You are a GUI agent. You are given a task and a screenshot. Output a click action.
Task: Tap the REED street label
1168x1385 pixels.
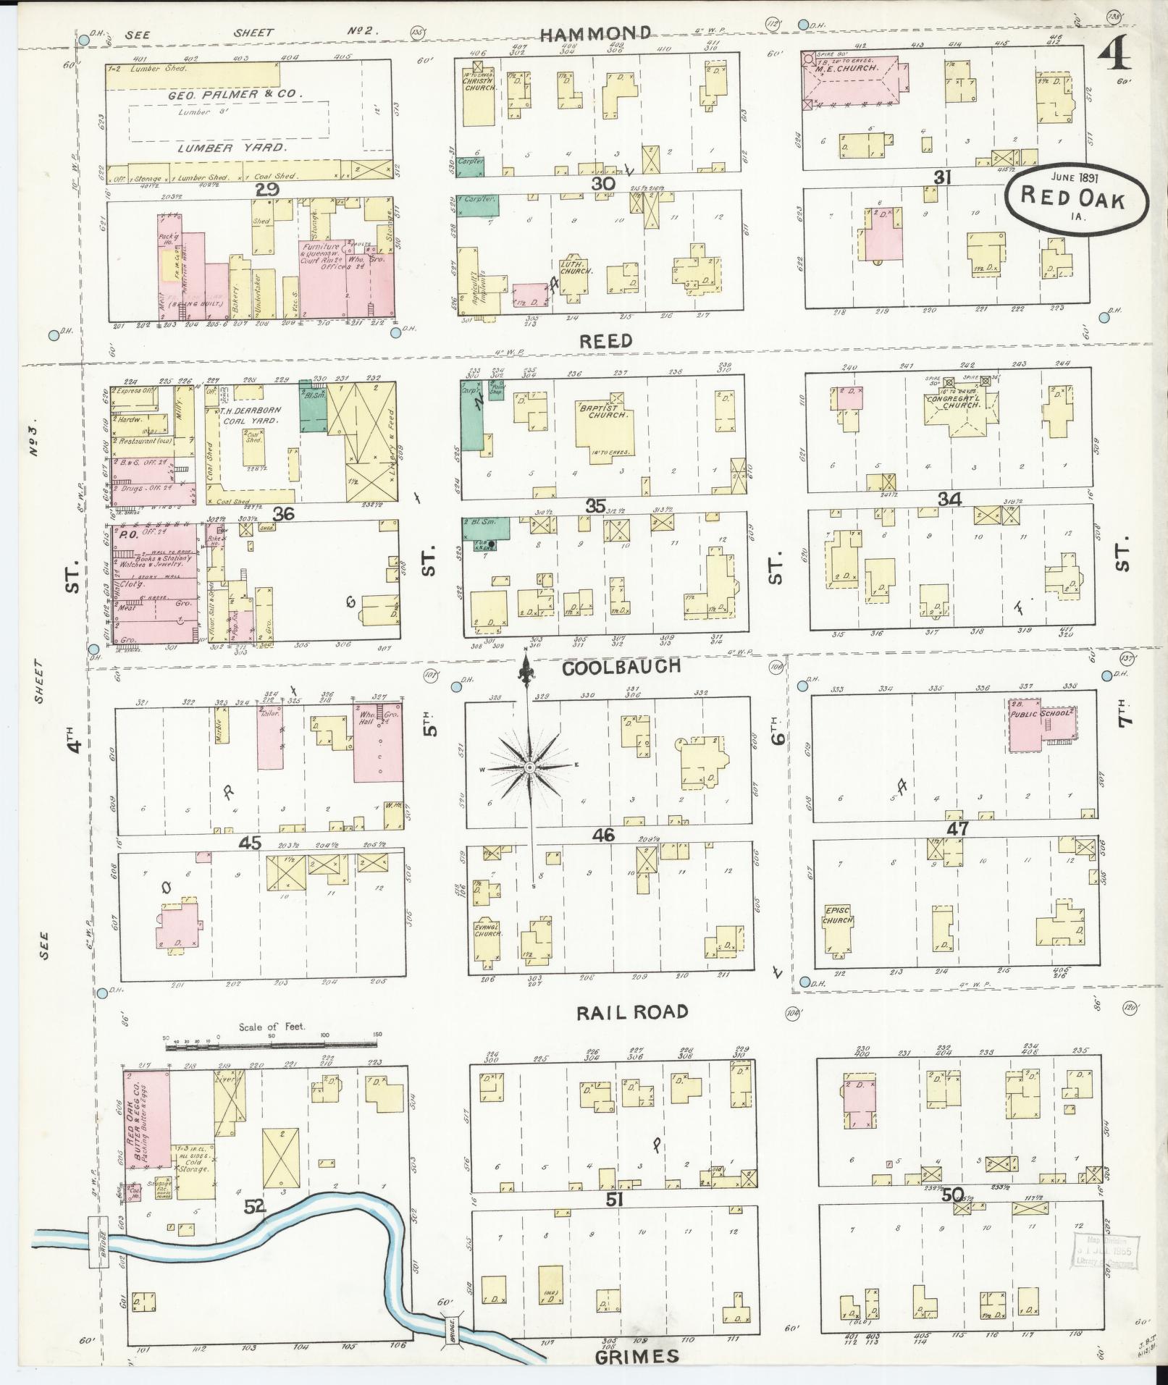point(607,340)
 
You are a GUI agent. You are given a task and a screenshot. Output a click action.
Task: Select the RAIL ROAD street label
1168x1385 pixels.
point(632,1012)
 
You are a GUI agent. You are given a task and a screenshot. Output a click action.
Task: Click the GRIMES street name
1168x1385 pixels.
point(637,1356)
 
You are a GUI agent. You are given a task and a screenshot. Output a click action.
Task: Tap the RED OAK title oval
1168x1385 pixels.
point(1076,198)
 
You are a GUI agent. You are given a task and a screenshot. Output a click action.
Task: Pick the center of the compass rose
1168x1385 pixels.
point(529,767)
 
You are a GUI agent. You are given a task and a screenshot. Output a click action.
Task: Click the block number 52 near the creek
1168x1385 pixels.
point(255,1206)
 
